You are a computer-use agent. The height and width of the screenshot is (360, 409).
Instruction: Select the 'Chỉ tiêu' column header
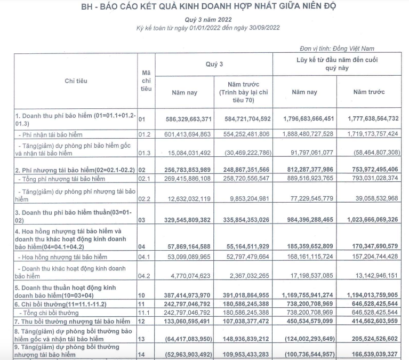tap(76, 81)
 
